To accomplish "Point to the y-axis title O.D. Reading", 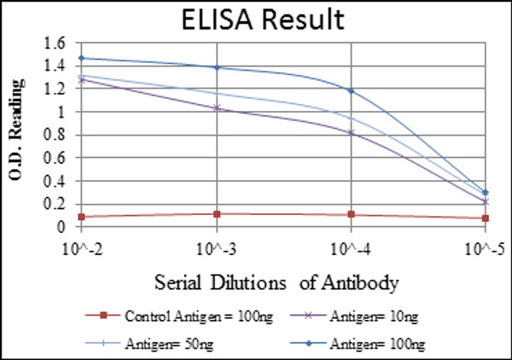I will (x=15, y=133).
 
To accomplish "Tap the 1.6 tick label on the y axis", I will (x=55, y=43).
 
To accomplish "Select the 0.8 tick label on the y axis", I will (x=55, y=135).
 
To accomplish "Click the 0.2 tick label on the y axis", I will (x=55, y=204).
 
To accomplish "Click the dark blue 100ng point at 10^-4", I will (x=351, y=90).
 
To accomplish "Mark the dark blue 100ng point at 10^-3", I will (x=217, y=67).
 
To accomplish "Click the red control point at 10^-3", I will (x=217, y=213).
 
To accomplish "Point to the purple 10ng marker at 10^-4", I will (x=351, y=132).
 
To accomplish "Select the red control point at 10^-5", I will (x=485, y=218).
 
